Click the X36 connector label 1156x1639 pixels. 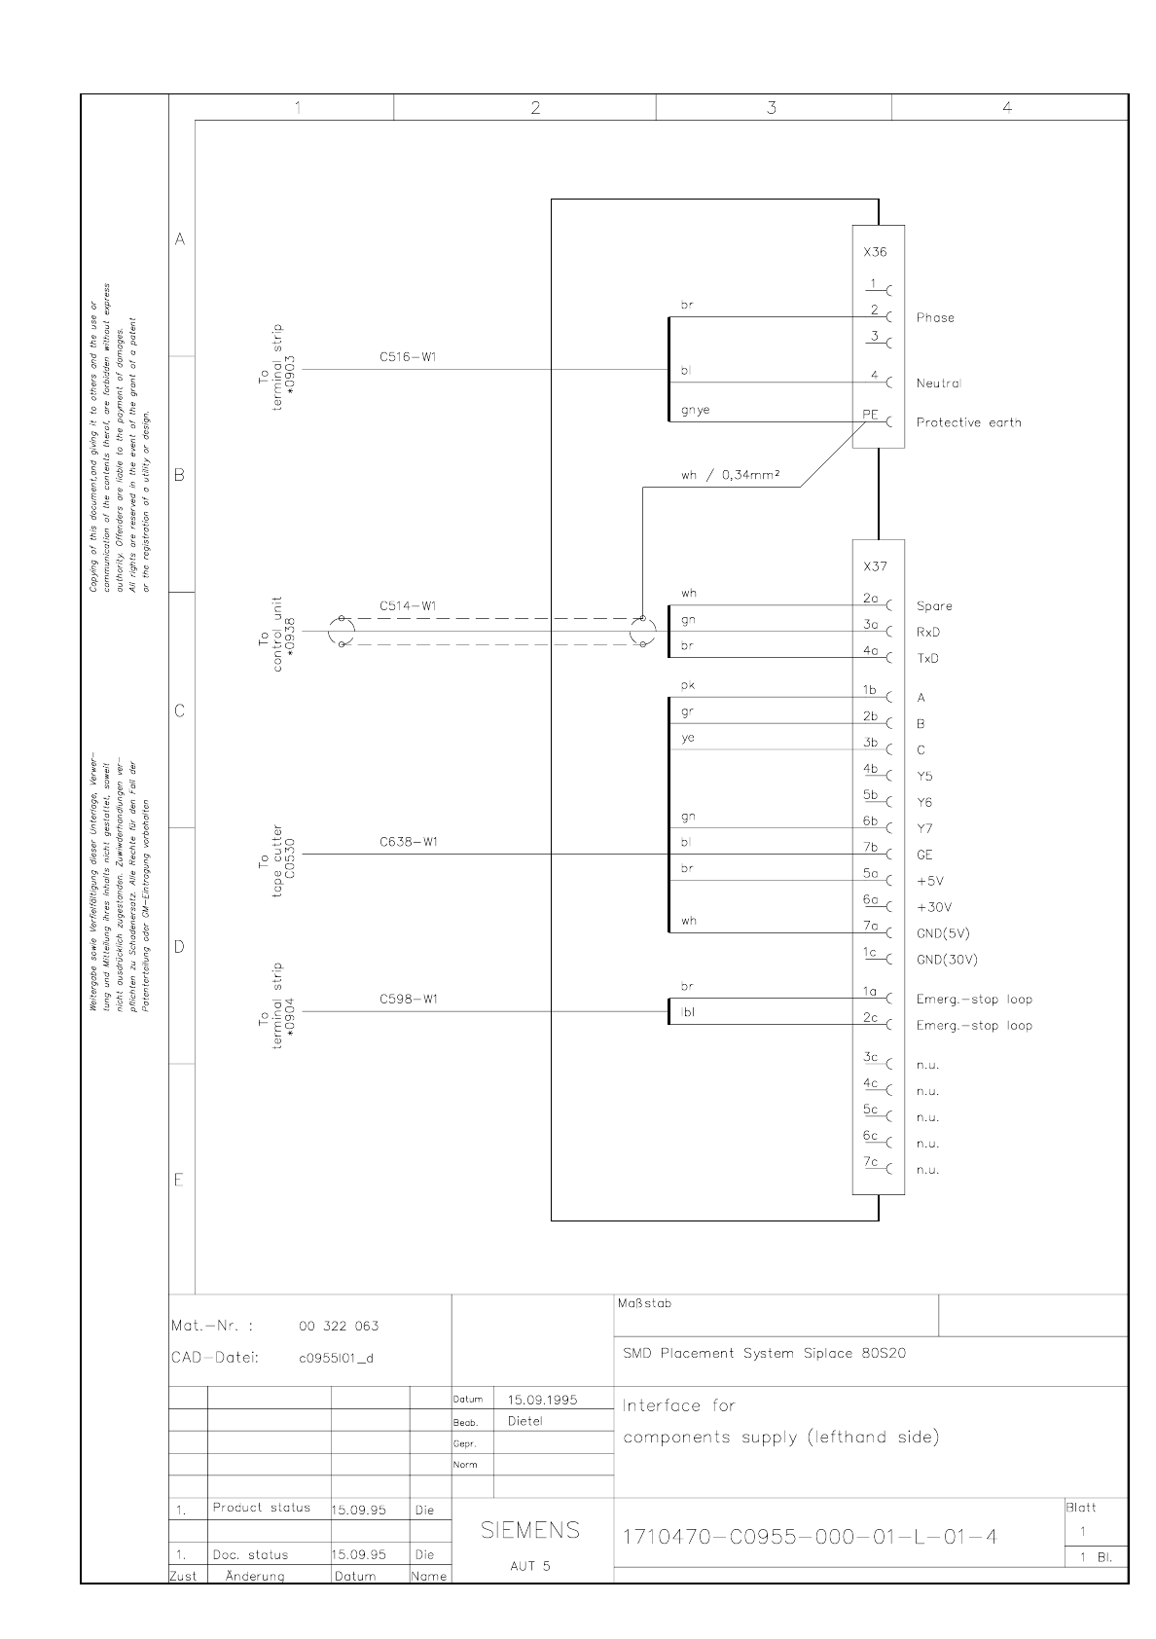[x=874, y=252]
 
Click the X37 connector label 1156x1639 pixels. [x=874, y=566]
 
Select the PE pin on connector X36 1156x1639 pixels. [x=871, y=416]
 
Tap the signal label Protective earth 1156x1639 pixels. [x=968, y=422]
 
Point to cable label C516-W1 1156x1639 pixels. [x=408, y=357]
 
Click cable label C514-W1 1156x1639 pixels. [x=408, y=606]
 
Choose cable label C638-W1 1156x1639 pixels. [x=408, y=842]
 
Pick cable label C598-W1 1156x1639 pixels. [x=408, y=1000]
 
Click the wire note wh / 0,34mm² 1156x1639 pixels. [x=732, y=476]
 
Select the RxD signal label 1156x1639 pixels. [x=928, y=633]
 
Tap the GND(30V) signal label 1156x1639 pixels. [x=947, y=960]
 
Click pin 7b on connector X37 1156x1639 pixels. [x=870, y=848]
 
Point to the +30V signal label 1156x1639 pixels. [x=933, y=907]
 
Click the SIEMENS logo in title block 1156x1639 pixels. [x=530, y=1530]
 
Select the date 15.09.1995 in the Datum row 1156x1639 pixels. [x=542, y=1400]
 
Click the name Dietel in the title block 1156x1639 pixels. [x=525, y=1421]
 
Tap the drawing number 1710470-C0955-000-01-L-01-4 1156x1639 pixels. [x=810, y=1538]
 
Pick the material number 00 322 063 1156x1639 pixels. [x=339, y=1326]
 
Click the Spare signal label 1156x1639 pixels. [x=934, y=606]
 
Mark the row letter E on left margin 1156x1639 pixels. [x=179, y=1181]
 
